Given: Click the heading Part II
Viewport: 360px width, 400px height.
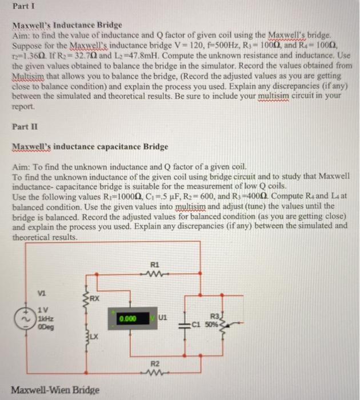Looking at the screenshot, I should (23, 126).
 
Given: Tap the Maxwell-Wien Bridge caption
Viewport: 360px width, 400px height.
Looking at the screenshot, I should (56, 390).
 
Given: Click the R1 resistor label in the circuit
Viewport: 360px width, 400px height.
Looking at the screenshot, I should (154, 265).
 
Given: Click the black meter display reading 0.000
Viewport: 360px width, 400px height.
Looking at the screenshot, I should (131, 318).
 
